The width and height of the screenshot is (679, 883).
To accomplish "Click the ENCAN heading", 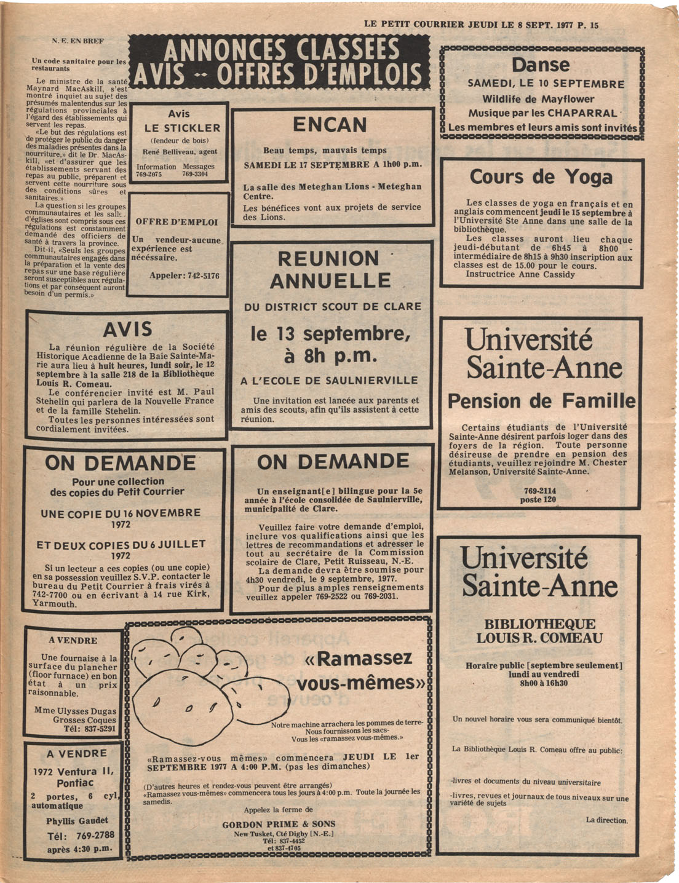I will point(330,125).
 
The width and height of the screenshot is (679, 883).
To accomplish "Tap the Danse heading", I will point(541,65).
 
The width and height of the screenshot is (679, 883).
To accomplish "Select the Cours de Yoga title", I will point(541,177).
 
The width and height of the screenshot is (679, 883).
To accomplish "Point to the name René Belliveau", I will point(165,151).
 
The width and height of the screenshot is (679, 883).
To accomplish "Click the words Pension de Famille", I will point(541,402).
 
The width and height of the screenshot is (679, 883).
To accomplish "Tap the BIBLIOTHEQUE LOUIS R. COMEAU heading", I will point(539,631).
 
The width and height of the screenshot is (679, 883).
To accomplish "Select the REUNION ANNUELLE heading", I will point(330,269).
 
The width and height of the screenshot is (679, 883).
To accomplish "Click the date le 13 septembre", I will point(330,335).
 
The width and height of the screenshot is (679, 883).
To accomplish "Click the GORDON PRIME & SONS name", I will point(279,824).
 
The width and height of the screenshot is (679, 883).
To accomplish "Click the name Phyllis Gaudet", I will point(77,821).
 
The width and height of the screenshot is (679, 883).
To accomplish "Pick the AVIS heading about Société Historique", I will point(127,330).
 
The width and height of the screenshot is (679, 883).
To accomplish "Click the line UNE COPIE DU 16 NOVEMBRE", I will point(121,513).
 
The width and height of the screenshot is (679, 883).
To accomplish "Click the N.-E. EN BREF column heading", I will point(77,41).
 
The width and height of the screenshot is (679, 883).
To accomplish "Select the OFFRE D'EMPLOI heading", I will point(177,222).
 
